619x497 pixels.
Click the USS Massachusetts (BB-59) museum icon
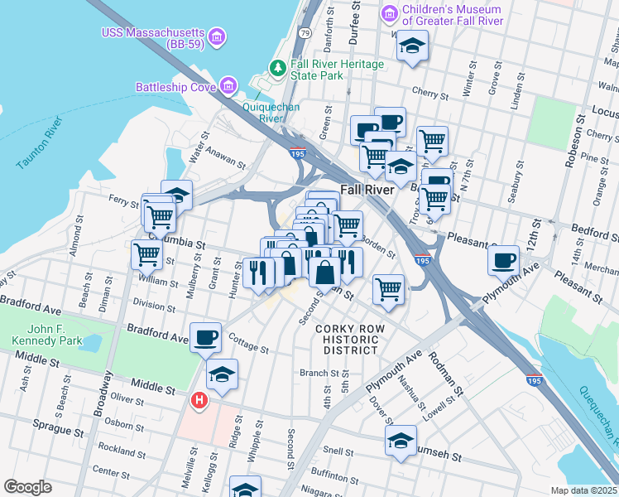(x=216, y=35)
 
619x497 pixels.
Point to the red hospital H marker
(x=199, y=401)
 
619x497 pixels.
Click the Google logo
(x=27, y=487)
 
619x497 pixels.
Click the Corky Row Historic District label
(x=350, y=340)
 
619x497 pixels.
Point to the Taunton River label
(x=41, y=142)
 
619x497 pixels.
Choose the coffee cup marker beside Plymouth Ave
(x=503, y=261)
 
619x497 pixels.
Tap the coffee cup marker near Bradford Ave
(x=205, y=337)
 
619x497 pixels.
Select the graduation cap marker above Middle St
(x=222, y=374)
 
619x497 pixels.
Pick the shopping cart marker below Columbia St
(x=146, y=253)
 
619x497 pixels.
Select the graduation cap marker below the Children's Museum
(x=411, y=46)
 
